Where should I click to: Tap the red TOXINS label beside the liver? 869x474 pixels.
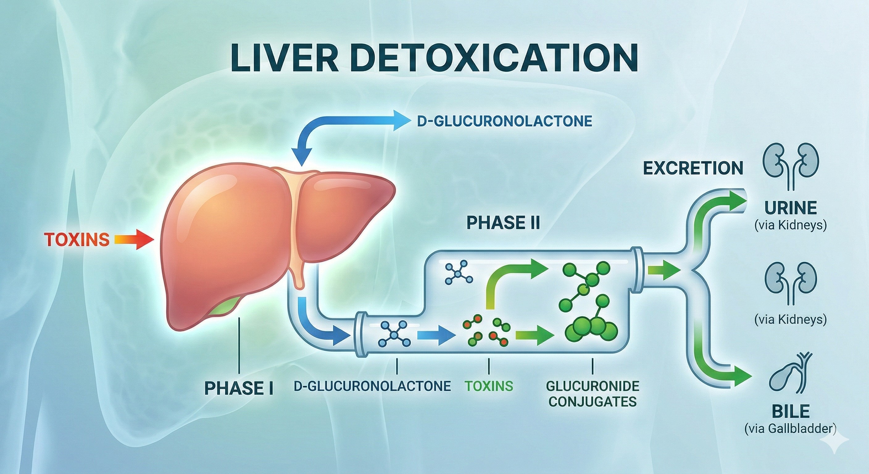[x=77, y=240]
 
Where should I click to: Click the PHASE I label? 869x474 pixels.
[x=239, y=388]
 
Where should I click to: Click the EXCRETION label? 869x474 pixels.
[x=693, y=168]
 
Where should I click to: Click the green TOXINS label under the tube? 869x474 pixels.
[x=489, y=386]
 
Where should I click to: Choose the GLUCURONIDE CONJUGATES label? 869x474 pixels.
[x=592, y=393]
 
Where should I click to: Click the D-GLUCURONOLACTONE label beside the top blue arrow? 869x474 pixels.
[x=504, y=121]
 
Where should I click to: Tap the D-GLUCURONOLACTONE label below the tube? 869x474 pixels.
[x=372, y=386]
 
